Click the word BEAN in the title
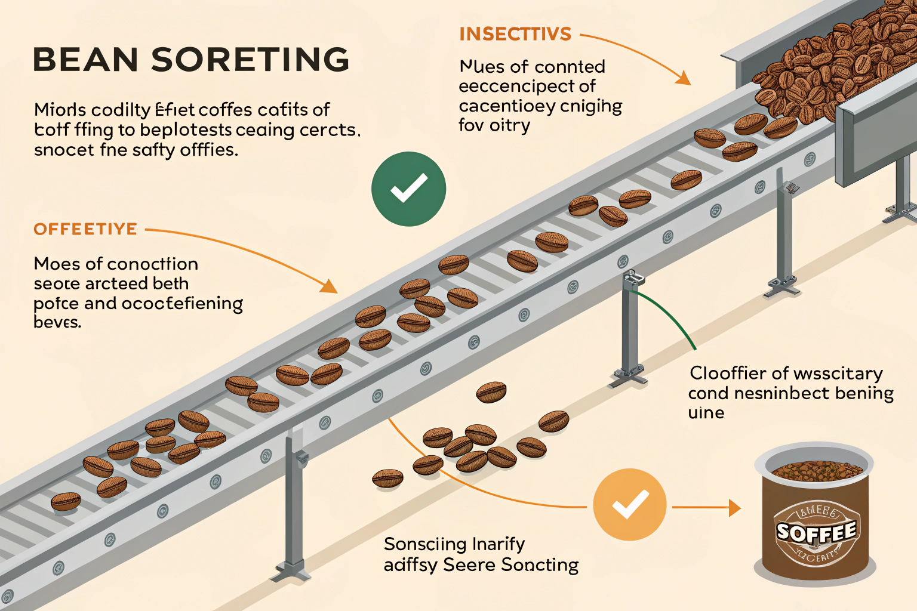pos(85,60)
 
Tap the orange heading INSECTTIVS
pos(515,35)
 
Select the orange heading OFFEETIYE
pos(85,229)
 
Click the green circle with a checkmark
pos(408,189)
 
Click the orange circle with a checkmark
pos(630,505)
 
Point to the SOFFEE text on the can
pos(816,532)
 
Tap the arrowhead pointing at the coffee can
pos(735,508)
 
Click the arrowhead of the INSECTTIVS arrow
pos(684,78)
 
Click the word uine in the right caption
pos(706,413)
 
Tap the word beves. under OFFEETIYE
pos(57,323)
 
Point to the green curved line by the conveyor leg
pos(669,316)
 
